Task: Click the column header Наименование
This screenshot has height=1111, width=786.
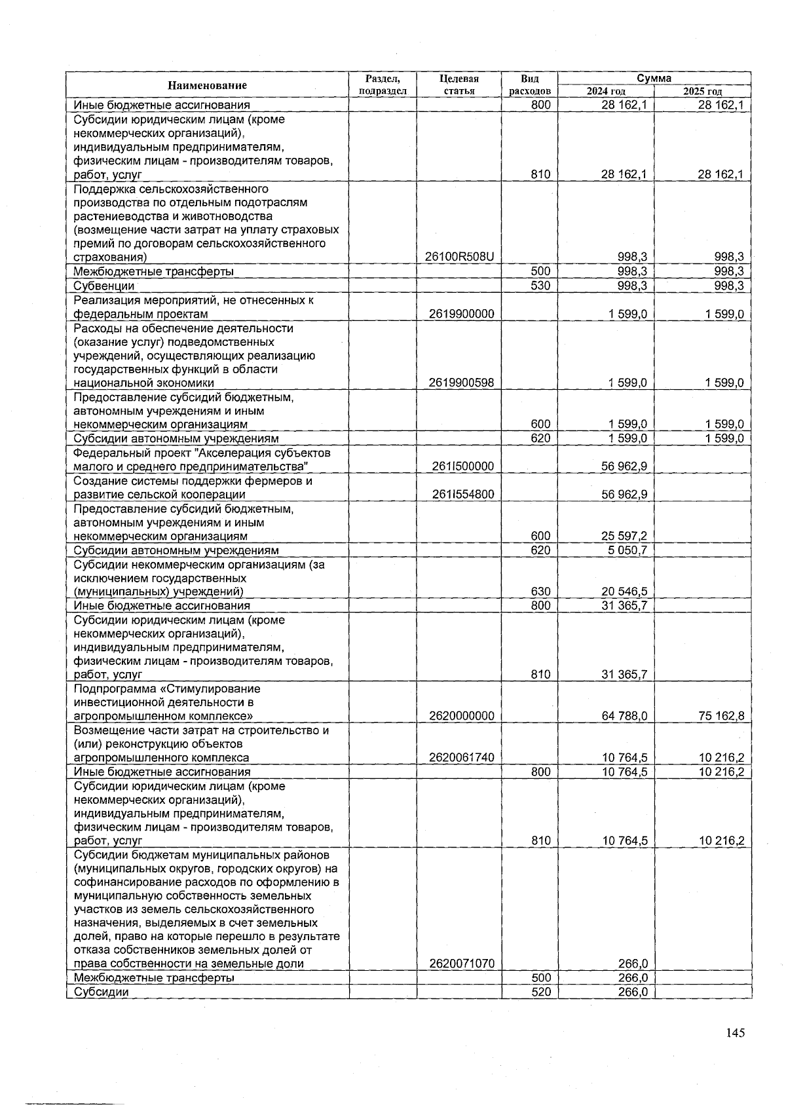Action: (207, 85)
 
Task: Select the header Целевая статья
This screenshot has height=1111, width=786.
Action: (459, 85)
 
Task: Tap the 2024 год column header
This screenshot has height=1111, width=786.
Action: (606, 92)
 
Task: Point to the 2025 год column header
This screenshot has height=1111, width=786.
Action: (702, 92)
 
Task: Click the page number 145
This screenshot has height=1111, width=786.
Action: (735, 1033)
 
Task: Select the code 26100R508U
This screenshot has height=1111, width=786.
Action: (459, 257)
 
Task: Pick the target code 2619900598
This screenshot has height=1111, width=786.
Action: (461, 383)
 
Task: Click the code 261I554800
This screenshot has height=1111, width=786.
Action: (462, 495)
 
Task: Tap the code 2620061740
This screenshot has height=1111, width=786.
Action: (461, 758)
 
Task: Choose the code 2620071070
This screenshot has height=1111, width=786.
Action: (461, 964)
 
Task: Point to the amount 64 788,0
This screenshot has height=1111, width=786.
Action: (625, 716)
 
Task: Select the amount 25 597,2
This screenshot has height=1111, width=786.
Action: (625, 536)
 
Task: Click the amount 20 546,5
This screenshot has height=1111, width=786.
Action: (625, 592)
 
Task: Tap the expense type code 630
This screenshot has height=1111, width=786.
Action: (540, 592)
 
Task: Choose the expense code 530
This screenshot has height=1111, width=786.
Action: (540, 286)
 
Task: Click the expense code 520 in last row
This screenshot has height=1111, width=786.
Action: (540, 992)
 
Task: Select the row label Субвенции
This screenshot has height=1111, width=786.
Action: (103, 286)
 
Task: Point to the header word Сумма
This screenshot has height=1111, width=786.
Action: (654, 78)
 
